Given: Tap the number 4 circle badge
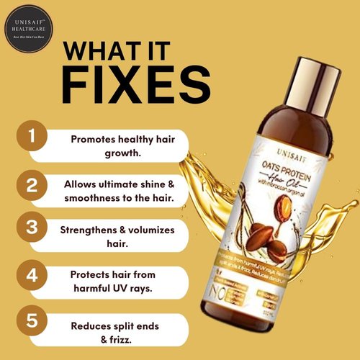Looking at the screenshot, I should click(x=30, y=276).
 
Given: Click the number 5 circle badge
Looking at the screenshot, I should click(x=30, y=320).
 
